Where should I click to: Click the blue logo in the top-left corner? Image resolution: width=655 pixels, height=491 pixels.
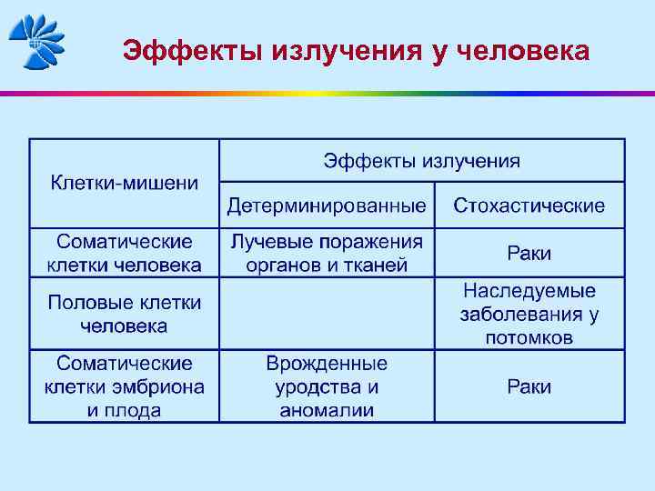36,41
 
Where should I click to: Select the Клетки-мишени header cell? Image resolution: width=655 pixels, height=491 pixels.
125,183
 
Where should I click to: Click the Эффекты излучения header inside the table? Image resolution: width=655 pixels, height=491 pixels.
422,161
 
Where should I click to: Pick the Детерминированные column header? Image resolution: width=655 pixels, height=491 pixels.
327,205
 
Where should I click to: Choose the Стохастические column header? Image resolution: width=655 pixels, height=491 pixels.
529,205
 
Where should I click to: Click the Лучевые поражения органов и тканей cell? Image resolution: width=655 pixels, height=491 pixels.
327,254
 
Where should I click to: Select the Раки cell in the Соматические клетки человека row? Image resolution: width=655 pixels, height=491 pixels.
529,254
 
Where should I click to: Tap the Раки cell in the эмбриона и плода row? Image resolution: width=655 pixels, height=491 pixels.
529,386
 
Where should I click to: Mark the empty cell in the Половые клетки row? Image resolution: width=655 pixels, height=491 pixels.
327,314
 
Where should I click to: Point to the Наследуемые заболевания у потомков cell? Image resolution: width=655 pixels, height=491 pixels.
529,314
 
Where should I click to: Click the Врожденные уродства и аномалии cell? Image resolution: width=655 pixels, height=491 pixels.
327,386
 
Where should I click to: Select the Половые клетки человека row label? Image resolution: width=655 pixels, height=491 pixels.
125,314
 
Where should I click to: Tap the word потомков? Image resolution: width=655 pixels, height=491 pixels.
529,337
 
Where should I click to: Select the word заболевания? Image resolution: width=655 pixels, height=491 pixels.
520,315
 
